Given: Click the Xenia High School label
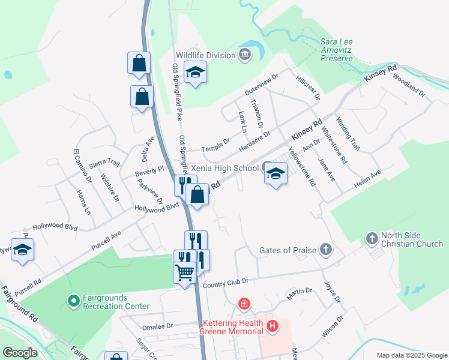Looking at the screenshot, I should pyautogui.click(x=224, y=169).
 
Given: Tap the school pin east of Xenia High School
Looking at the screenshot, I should pyautogui.click(x=276, y=173).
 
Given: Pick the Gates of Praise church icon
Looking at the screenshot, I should pyautogui.click(x=326, y=249).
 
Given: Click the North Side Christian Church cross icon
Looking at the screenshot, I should pyautogui.click(x=372, y=239).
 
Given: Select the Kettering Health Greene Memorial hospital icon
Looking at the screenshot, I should pyautogui.click(x=273, y=327).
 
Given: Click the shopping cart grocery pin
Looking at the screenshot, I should pyautogui.click(x=185, y=272).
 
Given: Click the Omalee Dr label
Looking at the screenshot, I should pyautogui.click(x=157, y=327).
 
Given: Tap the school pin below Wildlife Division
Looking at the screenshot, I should pyautogui.click(x=195, y=73).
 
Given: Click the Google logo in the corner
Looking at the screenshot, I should pyautogui.click(x=20, y=353).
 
